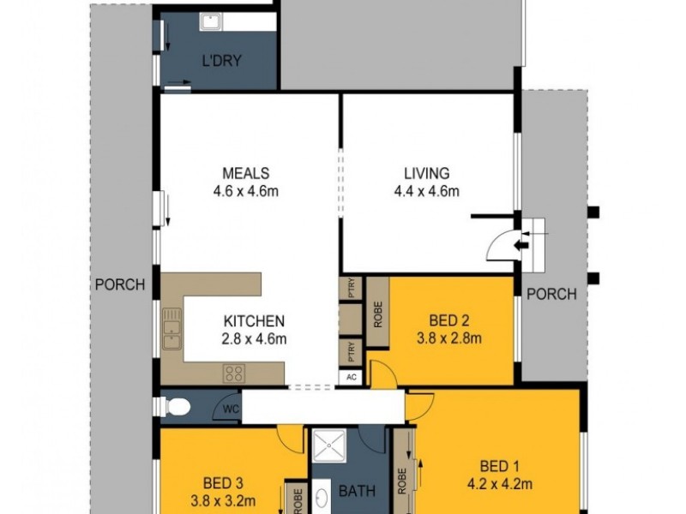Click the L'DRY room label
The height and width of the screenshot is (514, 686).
point(220,62)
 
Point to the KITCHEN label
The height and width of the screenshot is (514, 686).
point(254,321)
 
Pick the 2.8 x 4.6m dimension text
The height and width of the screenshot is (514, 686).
point(254,338)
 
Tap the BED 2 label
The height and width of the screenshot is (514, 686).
point(448,320)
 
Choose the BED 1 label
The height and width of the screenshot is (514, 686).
point(498,466)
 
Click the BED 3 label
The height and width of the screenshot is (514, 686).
point(223,481)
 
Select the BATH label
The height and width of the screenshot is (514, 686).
point(356,492)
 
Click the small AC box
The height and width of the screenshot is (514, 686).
point(351,377)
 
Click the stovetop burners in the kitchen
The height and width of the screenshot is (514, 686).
point(234,373)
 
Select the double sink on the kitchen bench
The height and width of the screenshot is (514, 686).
point(172,330)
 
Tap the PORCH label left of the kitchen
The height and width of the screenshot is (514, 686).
point(120,284)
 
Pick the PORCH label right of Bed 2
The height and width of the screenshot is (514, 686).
point(551,294)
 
